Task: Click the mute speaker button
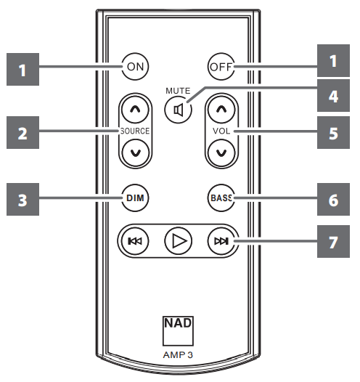[x=177, y=111]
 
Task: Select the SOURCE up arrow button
[x=134, y=110]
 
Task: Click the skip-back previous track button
[x=134, y=242]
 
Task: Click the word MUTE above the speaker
[x=177, y=91]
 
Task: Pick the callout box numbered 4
[x=333, y=94]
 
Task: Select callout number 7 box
[x=333, y=242]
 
